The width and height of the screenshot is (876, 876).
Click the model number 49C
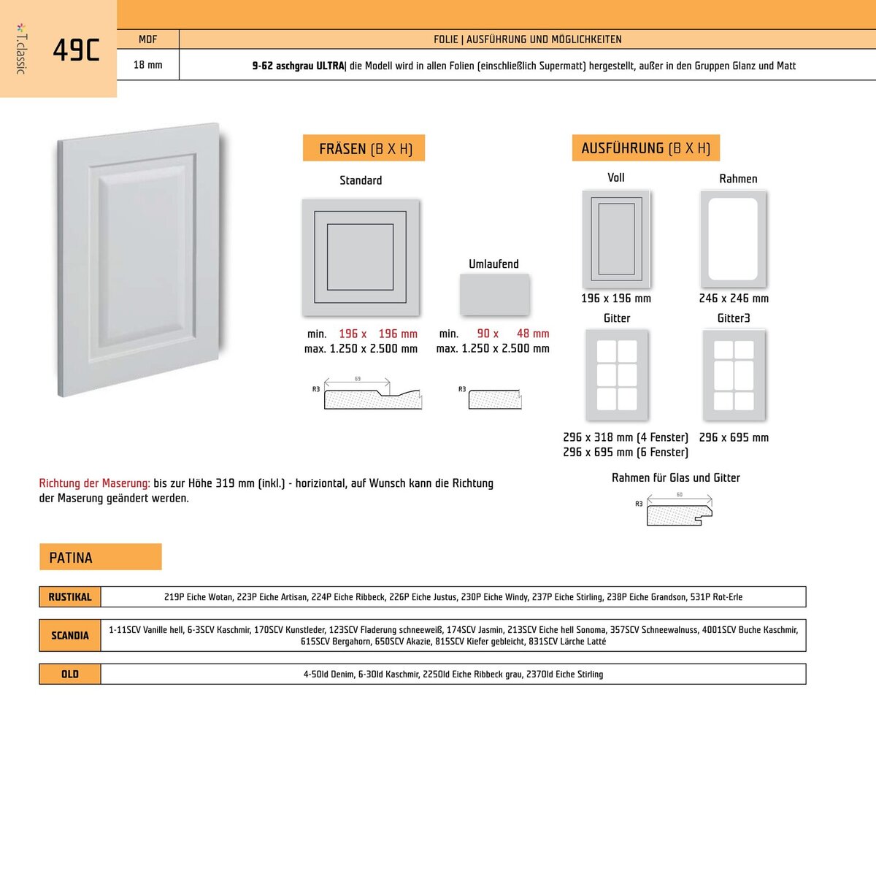tap(76, 50)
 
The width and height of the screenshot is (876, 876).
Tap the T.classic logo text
tap(21, 49)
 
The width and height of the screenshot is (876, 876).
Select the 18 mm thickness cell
tap(147, 65)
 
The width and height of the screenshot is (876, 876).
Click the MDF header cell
tap(147, 39)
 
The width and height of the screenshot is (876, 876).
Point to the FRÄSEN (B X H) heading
tap(364, 148)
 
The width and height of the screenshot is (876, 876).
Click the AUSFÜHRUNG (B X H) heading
tap(645, 147)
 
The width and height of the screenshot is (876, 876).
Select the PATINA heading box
tap(100, 557)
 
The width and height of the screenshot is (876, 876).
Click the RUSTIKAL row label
tap(70, 597)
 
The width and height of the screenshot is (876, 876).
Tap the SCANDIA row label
tap(70, 635)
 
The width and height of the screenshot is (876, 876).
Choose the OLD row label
tap(70, 674)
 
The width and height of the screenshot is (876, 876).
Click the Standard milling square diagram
tap(361, 257)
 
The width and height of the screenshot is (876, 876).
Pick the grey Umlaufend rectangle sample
tap(494, 294)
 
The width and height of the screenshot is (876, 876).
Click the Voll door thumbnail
tap(616, 239)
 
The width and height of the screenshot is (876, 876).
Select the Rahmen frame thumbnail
tap(733, 239)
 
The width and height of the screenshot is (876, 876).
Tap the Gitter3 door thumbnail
tap(734, 375)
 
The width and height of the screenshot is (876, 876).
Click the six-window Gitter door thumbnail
tap(617, 375)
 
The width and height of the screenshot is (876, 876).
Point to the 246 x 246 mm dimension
tap(734, 298)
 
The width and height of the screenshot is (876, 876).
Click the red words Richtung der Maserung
tap(94, 483)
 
